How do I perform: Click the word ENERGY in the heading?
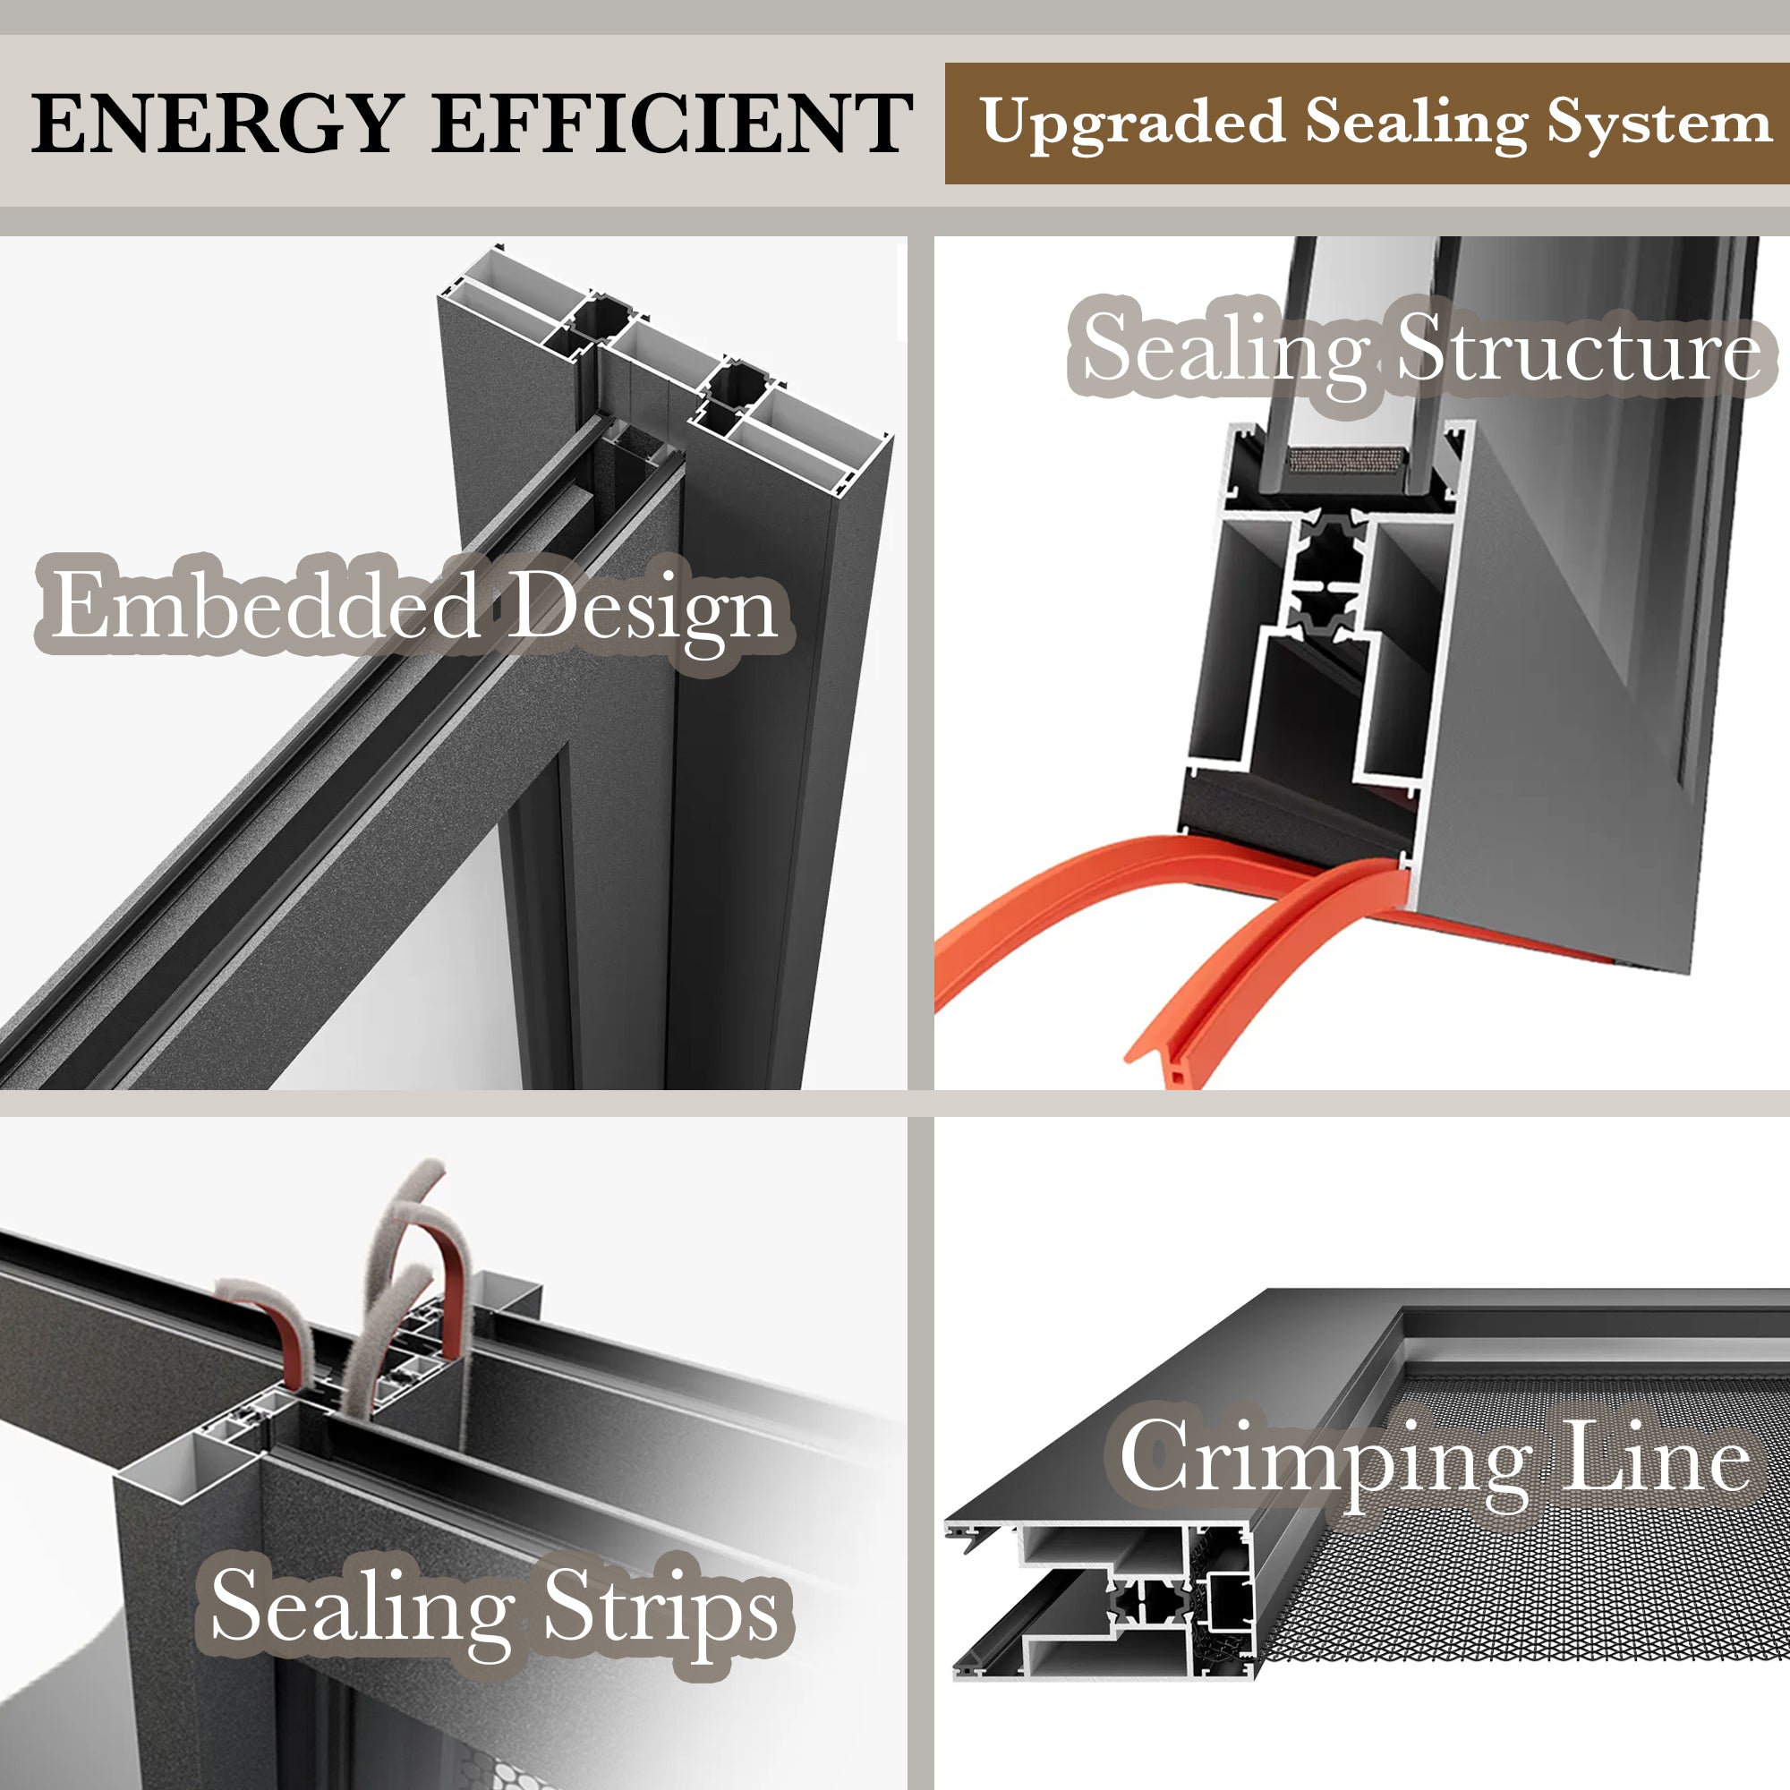[x=216, y=124]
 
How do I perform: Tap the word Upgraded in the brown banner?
[x=1132, y=124]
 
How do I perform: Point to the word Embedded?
[x=265, y=607]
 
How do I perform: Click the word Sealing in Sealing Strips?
[x=362, y=1608]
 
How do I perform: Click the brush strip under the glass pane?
[x=1348, y=458]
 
